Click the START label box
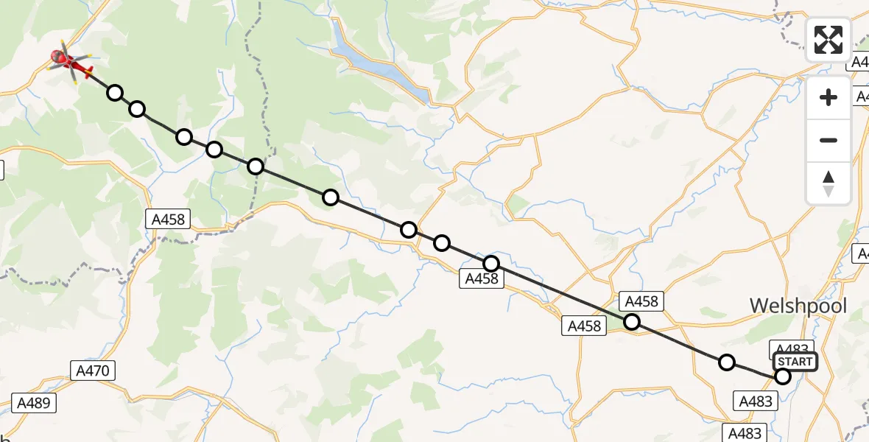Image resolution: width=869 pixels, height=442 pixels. tap(795, 361)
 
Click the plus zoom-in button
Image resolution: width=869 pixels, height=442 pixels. tap(828, 97)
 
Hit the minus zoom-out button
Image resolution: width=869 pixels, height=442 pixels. tap(828, 140)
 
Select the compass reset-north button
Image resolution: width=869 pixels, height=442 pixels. tap(828, 183)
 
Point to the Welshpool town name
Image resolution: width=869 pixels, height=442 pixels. tap(798, 306)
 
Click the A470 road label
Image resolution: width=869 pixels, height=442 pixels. tap(94, 371)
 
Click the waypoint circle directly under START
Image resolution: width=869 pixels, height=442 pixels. tap(783, 376)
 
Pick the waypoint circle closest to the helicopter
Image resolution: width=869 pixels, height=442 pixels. tap(115, 93)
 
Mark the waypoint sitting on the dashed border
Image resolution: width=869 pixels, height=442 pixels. tap(256, 166)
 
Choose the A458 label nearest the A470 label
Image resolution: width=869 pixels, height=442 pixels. tap(169, 219)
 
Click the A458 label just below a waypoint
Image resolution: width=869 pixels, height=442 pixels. tap(482, 278)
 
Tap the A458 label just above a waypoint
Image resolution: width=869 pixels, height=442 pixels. tap(641, 301)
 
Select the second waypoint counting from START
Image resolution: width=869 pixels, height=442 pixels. tap(727, 362)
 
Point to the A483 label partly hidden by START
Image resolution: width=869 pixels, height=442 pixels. tap(791, 349)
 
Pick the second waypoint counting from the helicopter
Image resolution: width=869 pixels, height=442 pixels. tap(137, 110)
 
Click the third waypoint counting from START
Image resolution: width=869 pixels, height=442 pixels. tap(632, 322)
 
